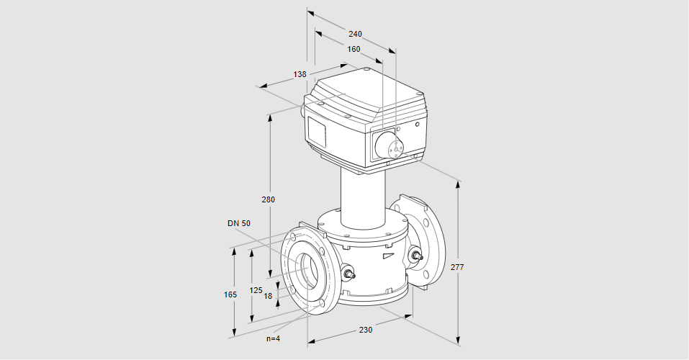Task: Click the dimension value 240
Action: pos(355,34)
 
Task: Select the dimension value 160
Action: pos(353,50)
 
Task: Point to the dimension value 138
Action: pos(300,74)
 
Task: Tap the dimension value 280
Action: pos(268,199)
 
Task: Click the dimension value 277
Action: pos(457,267)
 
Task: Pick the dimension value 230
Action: pos(366,330)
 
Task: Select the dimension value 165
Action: pos(230,294)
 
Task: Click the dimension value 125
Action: pos(256,290)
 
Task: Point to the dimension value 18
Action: pos(268,296)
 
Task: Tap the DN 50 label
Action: pos(239,223)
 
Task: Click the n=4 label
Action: pos(273,338)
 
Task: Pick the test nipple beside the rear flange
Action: pos(415,256)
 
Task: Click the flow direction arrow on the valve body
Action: pos(388,254)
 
